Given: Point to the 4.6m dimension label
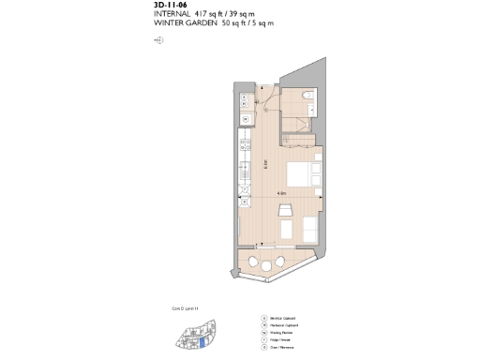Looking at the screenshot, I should [281, 194].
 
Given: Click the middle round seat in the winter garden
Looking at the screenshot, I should [268, 267].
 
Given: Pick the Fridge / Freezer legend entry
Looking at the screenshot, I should [284, 339].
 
